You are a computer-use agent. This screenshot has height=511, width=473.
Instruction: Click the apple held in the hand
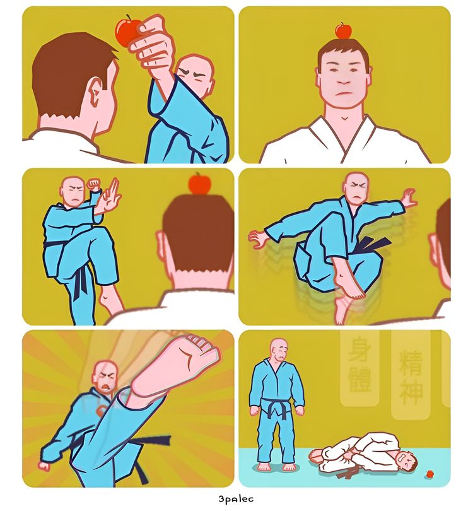126,31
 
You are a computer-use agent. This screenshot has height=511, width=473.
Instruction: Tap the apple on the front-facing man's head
343,31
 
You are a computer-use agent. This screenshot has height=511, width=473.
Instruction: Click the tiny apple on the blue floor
430,474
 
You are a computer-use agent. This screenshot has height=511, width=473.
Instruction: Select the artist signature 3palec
236,498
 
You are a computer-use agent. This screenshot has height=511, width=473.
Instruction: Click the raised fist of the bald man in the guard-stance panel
94,184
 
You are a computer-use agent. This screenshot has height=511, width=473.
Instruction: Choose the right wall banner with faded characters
411,374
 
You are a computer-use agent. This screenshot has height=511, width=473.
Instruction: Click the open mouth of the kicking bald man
106,388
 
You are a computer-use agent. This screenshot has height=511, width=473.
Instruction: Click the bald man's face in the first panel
196,76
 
